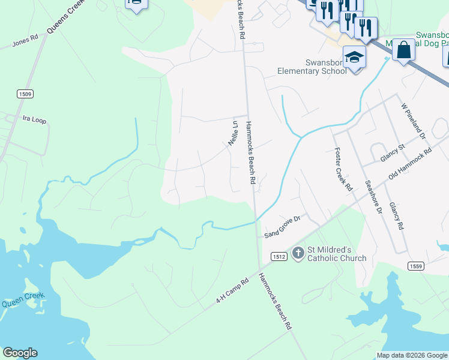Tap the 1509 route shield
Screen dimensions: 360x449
click(x=25, y=94)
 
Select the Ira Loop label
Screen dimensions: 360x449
click(x=34, y=120)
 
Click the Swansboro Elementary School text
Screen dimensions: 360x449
click(x=312, y=66)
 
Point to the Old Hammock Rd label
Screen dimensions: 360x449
click(x=410, y=164)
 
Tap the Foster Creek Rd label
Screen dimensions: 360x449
click(x=343, y=169)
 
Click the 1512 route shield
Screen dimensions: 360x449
click(x=278, y=256)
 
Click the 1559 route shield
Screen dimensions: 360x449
click(x=416, y=266)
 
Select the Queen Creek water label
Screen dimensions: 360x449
click(x=20, y=304)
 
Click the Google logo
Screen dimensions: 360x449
click(x=20, y=353)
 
